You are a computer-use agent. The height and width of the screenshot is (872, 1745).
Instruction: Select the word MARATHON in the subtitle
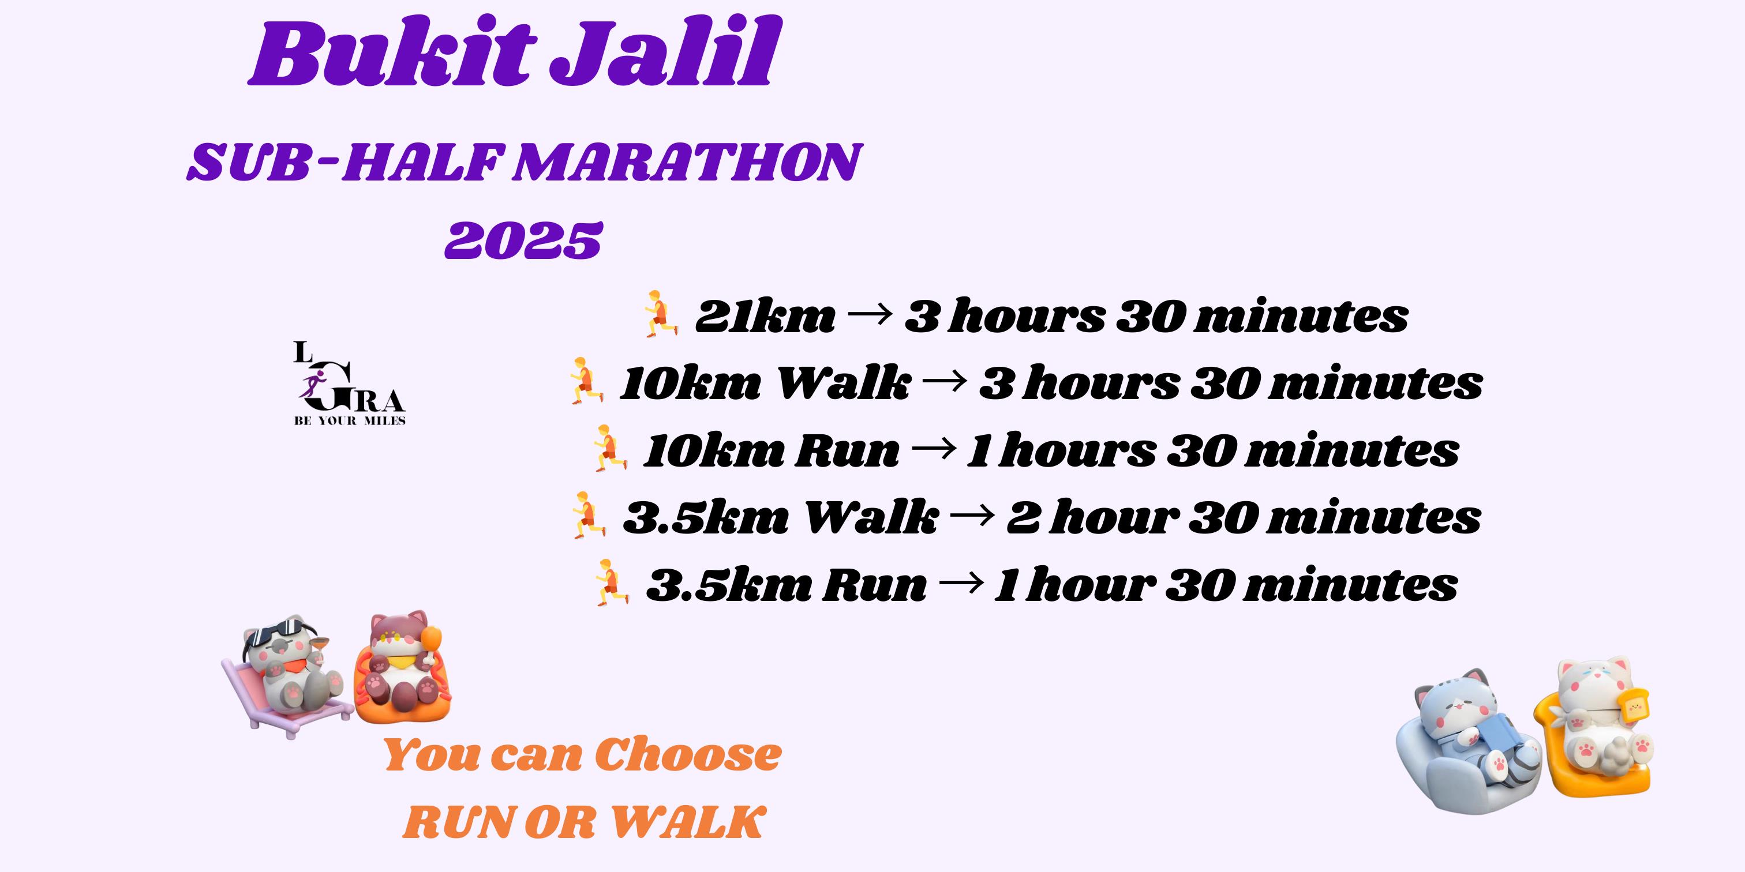686,163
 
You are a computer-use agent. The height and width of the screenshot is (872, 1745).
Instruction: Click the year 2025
523,240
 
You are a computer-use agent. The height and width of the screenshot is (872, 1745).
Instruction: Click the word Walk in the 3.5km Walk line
870,517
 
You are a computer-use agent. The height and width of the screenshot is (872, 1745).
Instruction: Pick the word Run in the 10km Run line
846,451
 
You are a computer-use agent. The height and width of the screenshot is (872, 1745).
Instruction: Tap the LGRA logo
350,383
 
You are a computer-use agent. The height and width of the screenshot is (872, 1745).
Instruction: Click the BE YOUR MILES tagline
350,421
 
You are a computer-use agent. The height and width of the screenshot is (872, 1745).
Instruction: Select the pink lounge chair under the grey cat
284,704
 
